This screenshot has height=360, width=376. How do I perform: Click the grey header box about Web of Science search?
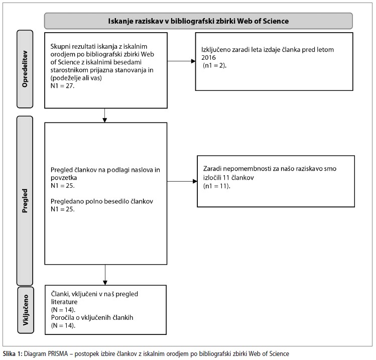[x=198, y=21]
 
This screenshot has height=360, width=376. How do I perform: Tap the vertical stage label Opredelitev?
[x=25, y=69]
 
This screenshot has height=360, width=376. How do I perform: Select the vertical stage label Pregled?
[x=25, y=201]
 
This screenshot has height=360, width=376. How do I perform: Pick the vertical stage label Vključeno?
[x=26, y=310]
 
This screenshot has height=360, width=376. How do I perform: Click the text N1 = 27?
[x=62, y=86]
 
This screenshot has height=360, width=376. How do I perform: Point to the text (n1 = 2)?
[x=215, y=65]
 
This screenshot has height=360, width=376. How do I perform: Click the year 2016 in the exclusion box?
[x=208, y=58]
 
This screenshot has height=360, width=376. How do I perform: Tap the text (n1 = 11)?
[x=216, y=186]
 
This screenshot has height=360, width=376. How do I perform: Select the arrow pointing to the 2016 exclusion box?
[x=181, y=61]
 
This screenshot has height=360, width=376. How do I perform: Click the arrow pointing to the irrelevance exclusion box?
[x=182, y=181]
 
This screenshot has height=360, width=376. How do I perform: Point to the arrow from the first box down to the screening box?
[x=104, y=115]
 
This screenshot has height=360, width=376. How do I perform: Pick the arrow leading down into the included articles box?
[x=105, y=275]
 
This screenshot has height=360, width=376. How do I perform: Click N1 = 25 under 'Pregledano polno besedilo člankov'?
[x=62, y=209]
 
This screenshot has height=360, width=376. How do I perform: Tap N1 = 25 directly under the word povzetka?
[x=62, y=186]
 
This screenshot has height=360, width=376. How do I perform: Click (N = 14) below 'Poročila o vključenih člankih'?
[x=63, y=325]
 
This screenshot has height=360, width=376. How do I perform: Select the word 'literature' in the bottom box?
[x=64, y=302]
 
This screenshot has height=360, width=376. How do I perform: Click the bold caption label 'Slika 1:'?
[x=13, y=354]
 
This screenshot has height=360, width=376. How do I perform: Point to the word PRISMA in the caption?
[x=58, y=354]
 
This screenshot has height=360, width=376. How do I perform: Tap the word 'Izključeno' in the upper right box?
[x=212, y=50]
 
